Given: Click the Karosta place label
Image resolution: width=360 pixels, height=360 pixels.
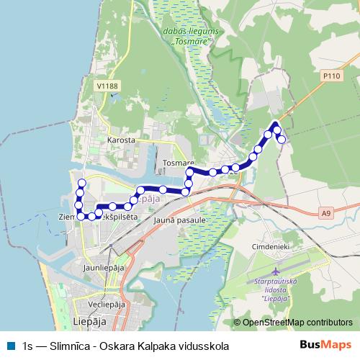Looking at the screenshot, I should pyautogui.click(x=120, y=140).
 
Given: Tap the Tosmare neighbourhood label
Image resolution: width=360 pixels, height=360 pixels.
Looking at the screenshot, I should pyautogui.click(x=176, y=163).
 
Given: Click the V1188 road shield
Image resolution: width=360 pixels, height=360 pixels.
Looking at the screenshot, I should pyautogui.click(x=106, y=86).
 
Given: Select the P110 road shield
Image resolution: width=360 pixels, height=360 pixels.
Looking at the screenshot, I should pyautogui.click(x=331, y=75).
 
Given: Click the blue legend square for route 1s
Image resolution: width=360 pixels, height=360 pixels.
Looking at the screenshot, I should pyautogui.click(x=9, y=346).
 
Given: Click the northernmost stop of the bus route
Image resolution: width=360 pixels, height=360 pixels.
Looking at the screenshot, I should pyautogui.click(x=276, y=124).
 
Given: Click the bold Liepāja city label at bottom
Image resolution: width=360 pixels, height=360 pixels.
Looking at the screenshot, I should pyautogui.click(x=91, y=320).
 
